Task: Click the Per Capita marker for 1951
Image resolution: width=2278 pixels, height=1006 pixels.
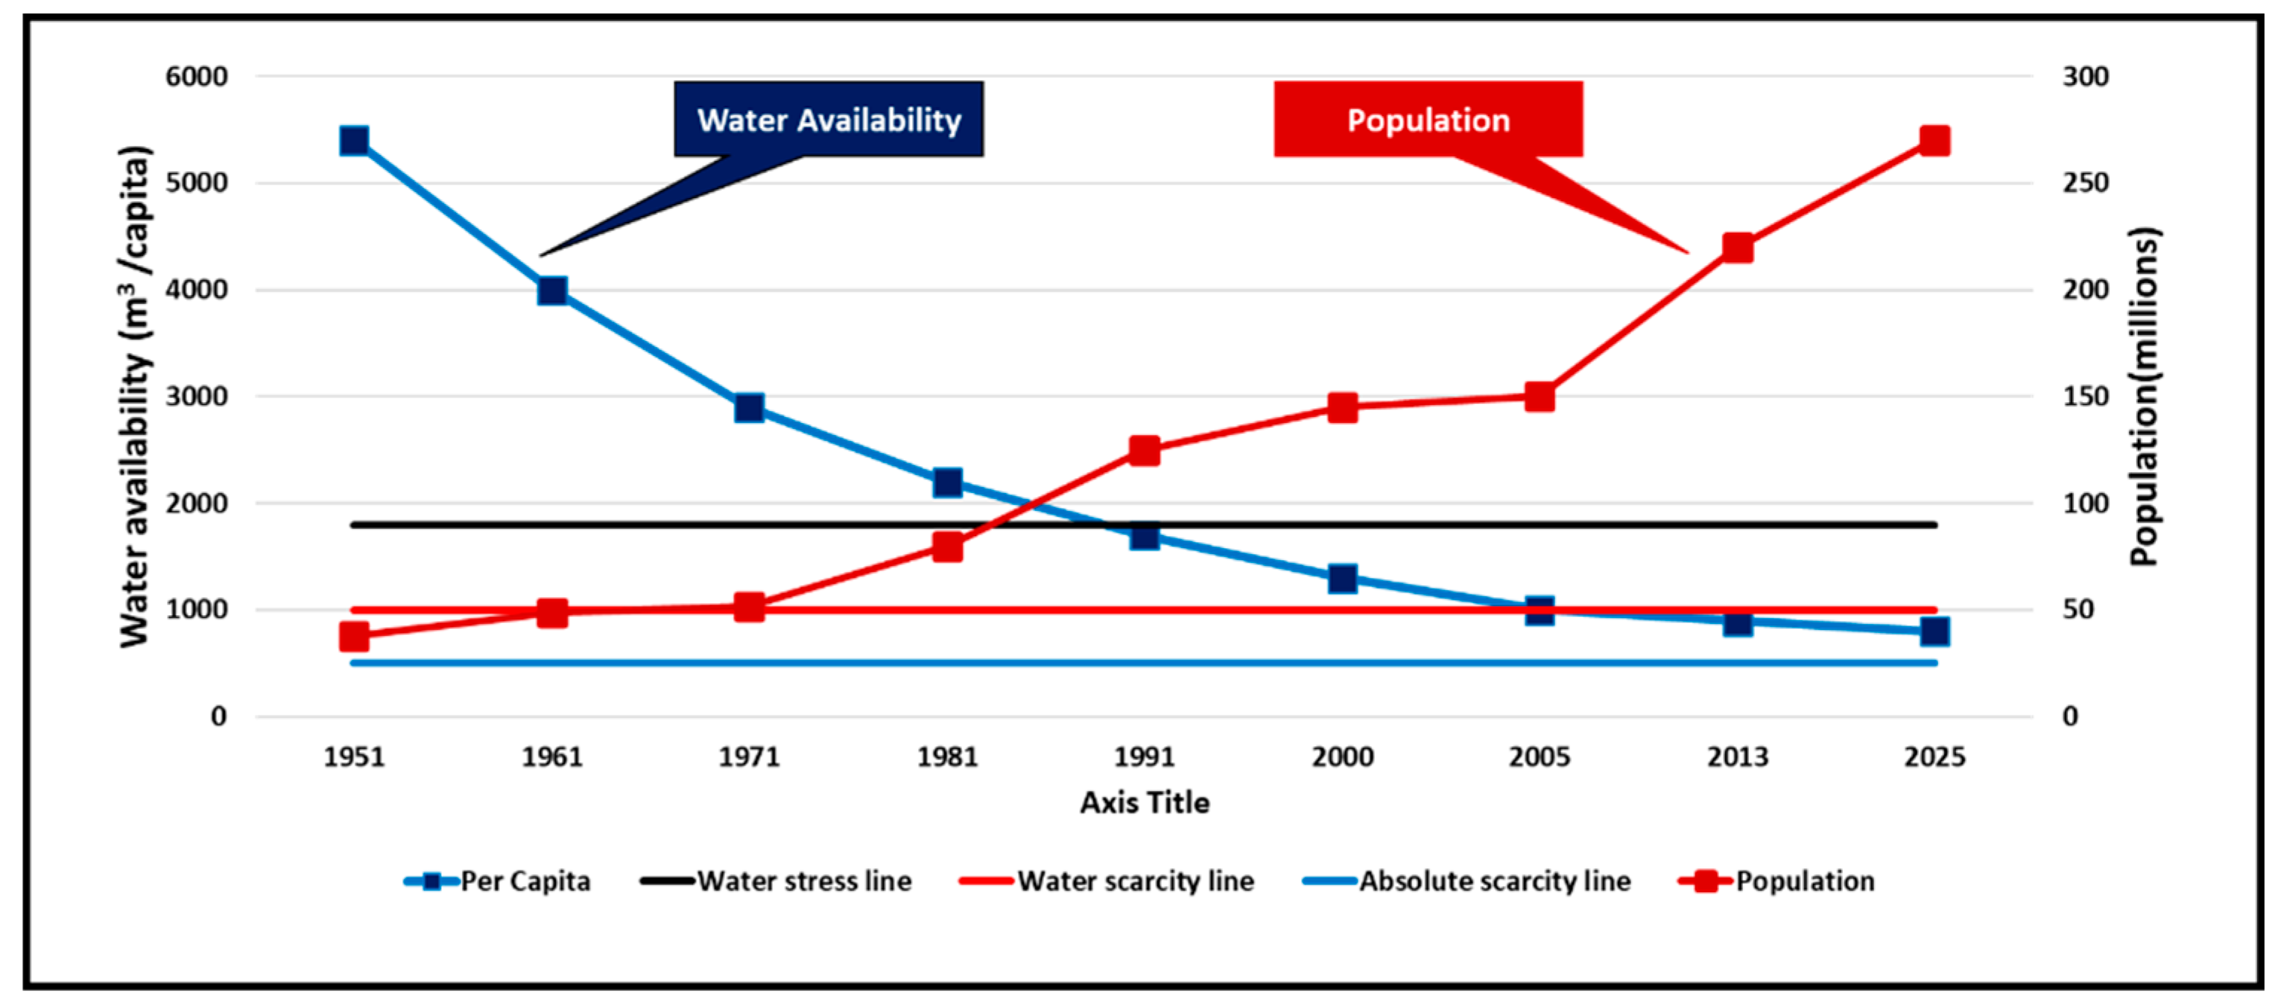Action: pos(355,141)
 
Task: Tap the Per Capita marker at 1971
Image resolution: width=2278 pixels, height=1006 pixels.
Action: pos(749,407)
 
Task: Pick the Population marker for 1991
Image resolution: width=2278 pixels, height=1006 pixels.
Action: pos(1145,451)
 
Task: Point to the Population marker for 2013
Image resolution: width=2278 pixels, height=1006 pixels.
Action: pos(1738,249)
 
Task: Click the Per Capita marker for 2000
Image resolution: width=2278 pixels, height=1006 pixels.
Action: pos(1342,579)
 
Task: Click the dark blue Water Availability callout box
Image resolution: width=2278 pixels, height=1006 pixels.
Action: pos(829,119)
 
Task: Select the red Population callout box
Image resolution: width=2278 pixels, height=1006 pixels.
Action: pos(1427,119)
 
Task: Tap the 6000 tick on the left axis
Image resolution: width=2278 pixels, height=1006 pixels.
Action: pos(196,77)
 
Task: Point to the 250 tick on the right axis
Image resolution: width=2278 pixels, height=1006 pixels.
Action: pos(2085,183)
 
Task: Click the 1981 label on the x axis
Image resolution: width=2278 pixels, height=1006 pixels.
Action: pos(947,757)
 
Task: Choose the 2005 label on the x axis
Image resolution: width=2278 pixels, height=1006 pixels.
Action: pos(1540,757)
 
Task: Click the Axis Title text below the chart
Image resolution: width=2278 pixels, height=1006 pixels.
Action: pos(1145,803)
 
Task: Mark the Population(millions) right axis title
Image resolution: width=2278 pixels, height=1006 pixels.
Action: pos(2145,396)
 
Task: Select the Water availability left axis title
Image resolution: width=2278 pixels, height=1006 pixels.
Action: pos(134,396)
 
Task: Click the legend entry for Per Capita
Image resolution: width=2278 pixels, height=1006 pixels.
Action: pos(498,882)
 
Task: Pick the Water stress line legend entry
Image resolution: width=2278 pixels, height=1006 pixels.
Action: pos(776,882)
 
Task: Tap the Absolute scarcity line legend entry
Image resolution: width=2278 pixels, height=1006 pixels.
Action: pos(1467,882)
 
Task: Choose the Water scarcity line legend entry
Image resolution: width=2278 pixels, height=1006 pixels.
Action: pos(1107,882)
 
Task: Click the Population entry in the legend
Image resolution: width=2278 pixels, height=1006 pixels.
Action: pos(1776,882)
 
